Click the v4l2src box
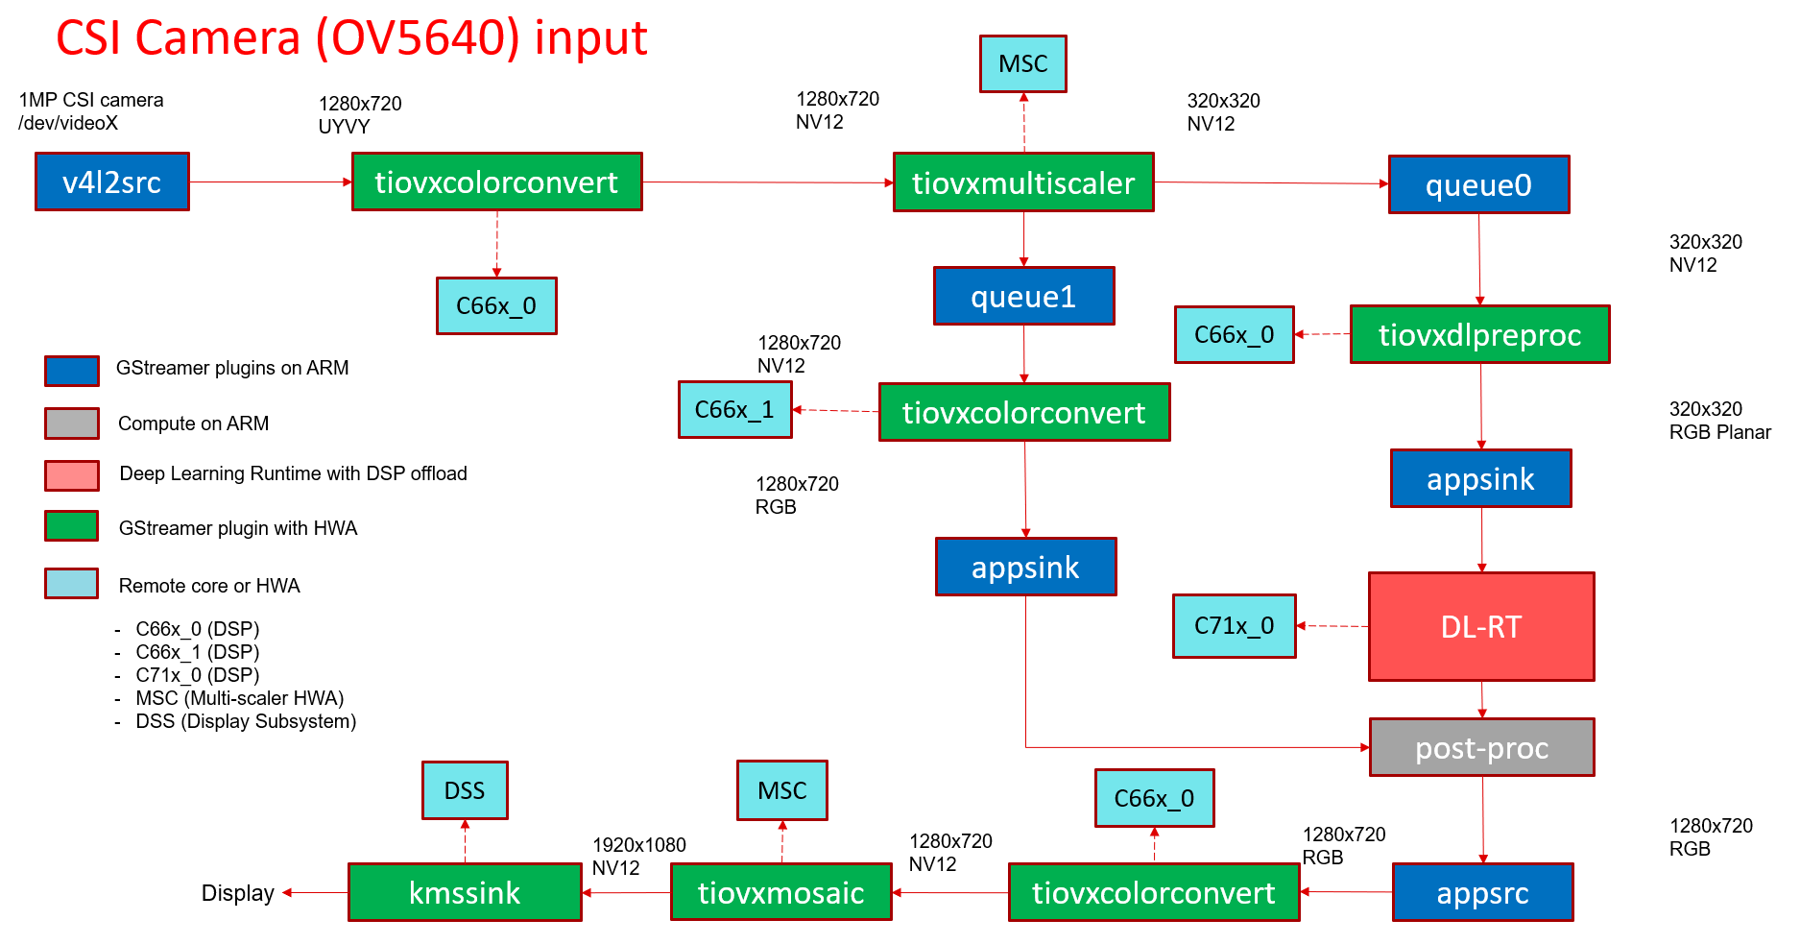pos(112,182)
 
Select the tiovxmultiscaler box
pos(1023,182)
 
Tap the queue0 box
pos(1478,184)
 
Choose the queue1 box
pos(1023,296)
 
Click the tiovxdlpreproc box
pos(1479,334)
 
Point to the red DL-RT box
pos(1481,627)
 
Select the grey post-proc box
pos(1481,747)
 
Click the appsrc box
pos(1482,892)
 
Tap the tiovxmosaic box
pos(780,892)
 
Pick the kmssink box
pos(465,892)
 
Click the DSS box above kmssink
pos(465,790)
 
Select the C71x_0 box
pos(1234,626)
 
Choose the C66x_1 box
pos(734,410)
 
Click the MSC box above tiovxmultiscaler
pos(1022,64)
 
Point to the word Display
pos(237,893)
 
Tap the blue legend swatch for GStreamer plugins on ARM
pos(72,371)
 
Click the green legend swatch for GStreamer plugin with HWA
pos(72,526)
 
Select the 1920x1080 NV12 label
pos(638,856)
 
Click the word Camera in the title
pos(218,38)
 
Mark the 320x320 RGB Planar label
pos(1719,421)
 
